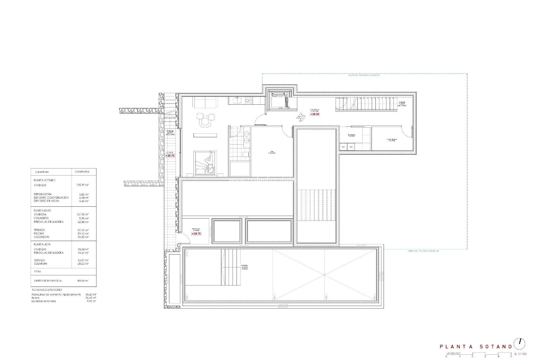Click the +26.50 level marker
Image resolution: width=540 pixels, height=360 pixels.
click(315, 114)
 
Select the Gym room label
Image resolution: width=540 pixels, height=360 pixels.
click(271, 152)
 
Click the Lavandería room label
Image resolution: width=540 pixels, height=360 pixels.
click(352, 135)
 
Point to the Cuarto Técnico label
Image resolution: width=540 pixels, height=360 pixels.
click(391, 140)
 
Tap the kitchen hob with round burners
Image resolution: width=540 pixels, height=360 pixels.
click(249, 100)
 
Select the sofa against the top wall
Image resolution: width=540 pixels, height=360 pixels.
click(205, 102)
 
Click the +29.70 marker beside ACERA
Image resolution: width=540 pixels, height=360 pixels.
click(170, 156)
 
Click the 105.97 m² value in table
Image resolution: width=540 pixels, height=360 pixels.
click(82, 185)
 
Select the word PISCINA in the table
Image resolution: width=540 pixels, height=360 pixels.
click(39, 233)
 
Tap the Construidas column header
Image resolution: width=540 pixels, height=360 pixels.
click(82, 172)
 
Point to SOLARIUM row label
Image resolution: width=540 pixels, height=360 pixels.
click(40, 264)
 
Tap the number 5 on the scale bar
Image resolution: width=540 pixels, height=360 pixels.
click(511, 356)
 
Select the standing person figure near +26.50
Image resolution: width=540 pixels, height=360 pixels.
click(301, 117)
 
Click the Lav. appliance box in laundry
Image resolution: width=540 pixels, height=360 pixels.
click(343, 147)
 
